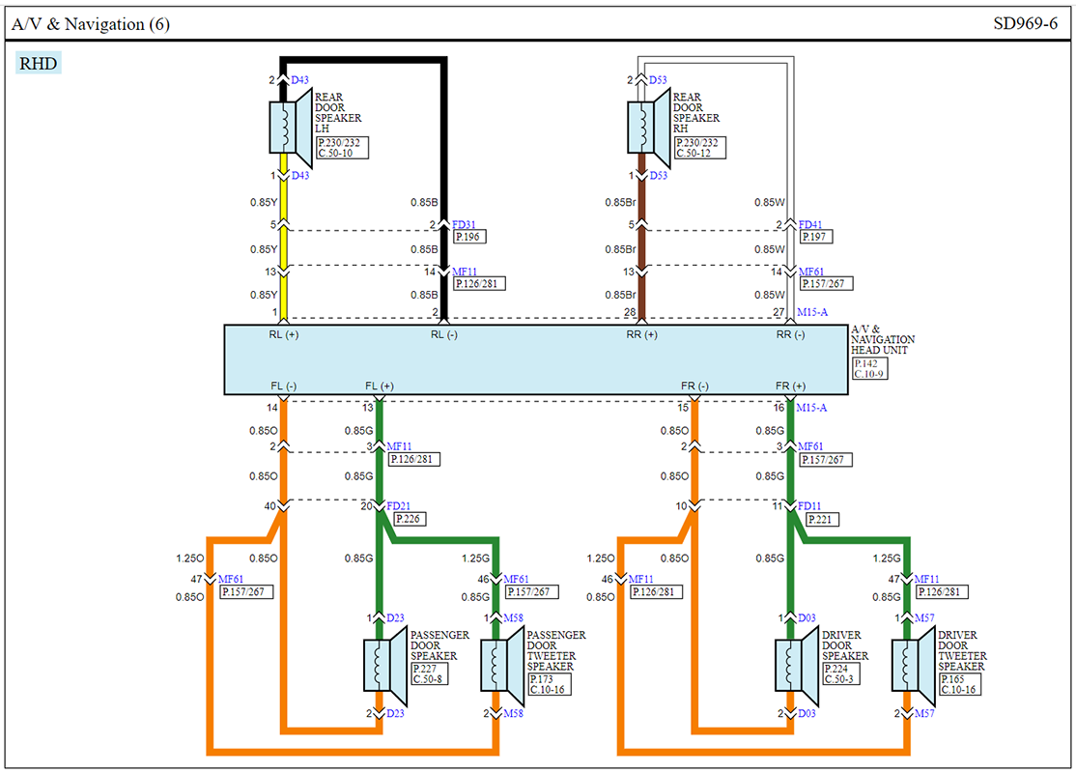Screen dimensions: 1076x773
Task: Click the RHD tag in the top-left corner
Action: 39,63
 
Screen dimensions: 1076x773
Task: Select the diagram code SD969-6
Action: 1025,23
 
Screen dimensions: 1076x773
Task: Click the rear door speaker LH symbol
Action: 291,128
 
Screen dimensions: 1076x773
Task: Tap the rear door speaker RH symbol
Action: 649,128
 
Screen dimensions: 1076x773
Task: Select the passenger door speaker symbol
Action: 385,665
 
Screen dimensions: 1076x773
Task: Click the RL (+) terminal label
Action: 283,334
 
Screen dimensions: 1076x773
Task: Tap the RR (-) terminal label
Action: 790,334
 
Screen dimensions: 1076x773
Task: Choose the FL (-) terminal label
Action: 283,386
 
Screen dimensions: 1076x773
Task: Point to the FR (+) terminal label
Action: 790,386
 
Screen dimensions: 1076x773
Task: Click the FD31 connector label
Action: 464,224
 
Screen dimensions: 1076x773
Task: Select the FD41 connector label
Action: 810,224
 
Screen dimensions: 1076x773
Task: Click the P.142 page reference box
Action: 866,364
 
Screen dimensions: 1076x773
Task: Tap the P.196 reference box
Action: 470,237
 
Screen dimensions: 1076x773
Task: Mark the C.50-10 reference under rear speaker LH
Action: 335,153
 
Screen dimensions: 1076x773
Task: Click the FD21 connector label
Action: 399,506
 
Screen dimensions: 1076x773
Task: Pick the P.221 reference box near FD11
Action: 821,519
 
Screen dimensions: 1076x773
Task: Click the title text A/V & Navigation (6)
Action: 91,24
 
